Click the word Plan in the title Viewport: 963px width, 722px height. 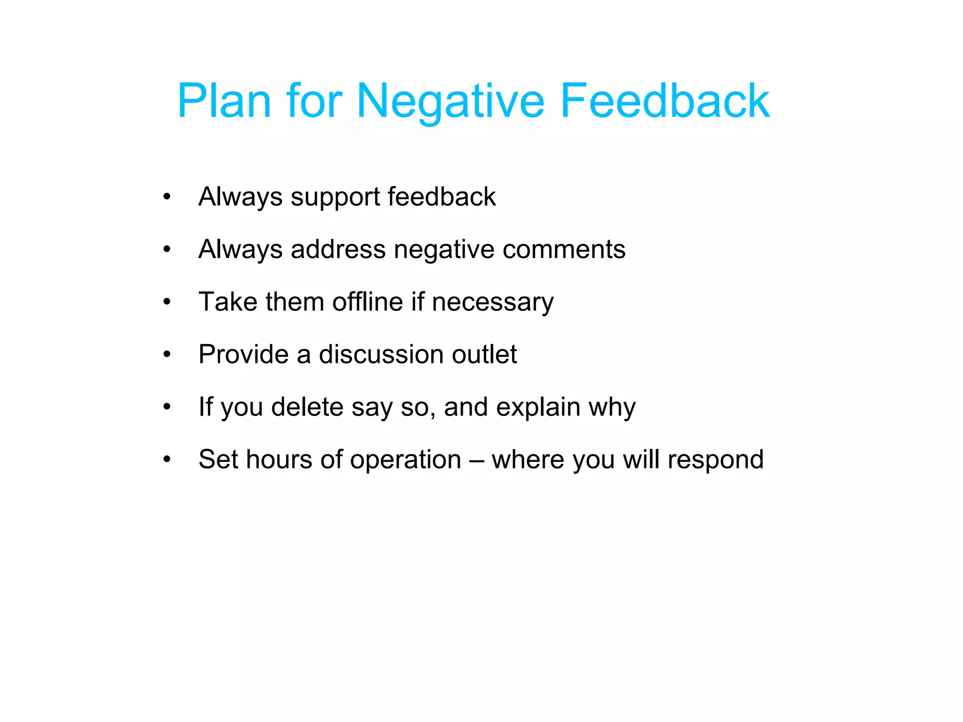224,101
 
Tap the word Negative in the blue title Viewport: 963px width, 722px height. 450,102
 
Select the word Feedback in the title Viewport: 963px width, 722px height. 665,101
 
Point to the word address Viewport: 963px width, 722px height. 338,249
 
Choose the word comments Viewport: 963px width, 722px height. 564,249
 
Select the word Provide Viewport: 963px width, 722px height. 243,354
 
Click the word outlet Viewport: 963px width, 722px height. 484,354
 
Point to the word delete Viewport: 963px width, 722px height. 308,407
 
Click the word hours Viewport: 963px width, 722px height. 278,460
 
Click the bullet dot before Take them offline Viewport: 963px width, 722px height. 167,302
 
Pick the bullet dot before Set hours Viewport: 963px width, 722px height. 167,460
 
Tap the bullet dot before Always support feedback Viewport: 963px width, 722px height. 167,197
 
